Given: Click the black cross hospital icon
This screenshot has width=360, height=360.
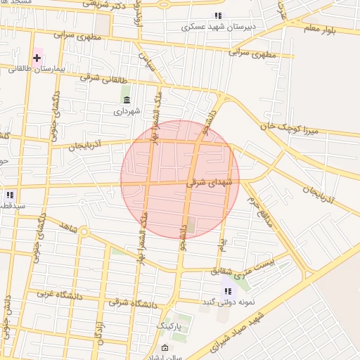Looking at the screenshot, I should tap(37, 57).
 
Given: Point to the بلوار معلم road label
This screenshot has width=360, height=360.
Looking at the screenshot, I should tap(321, 29).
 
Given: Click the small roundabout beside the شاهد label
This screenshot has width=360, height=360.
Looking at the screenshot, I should tap(84, 231).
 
